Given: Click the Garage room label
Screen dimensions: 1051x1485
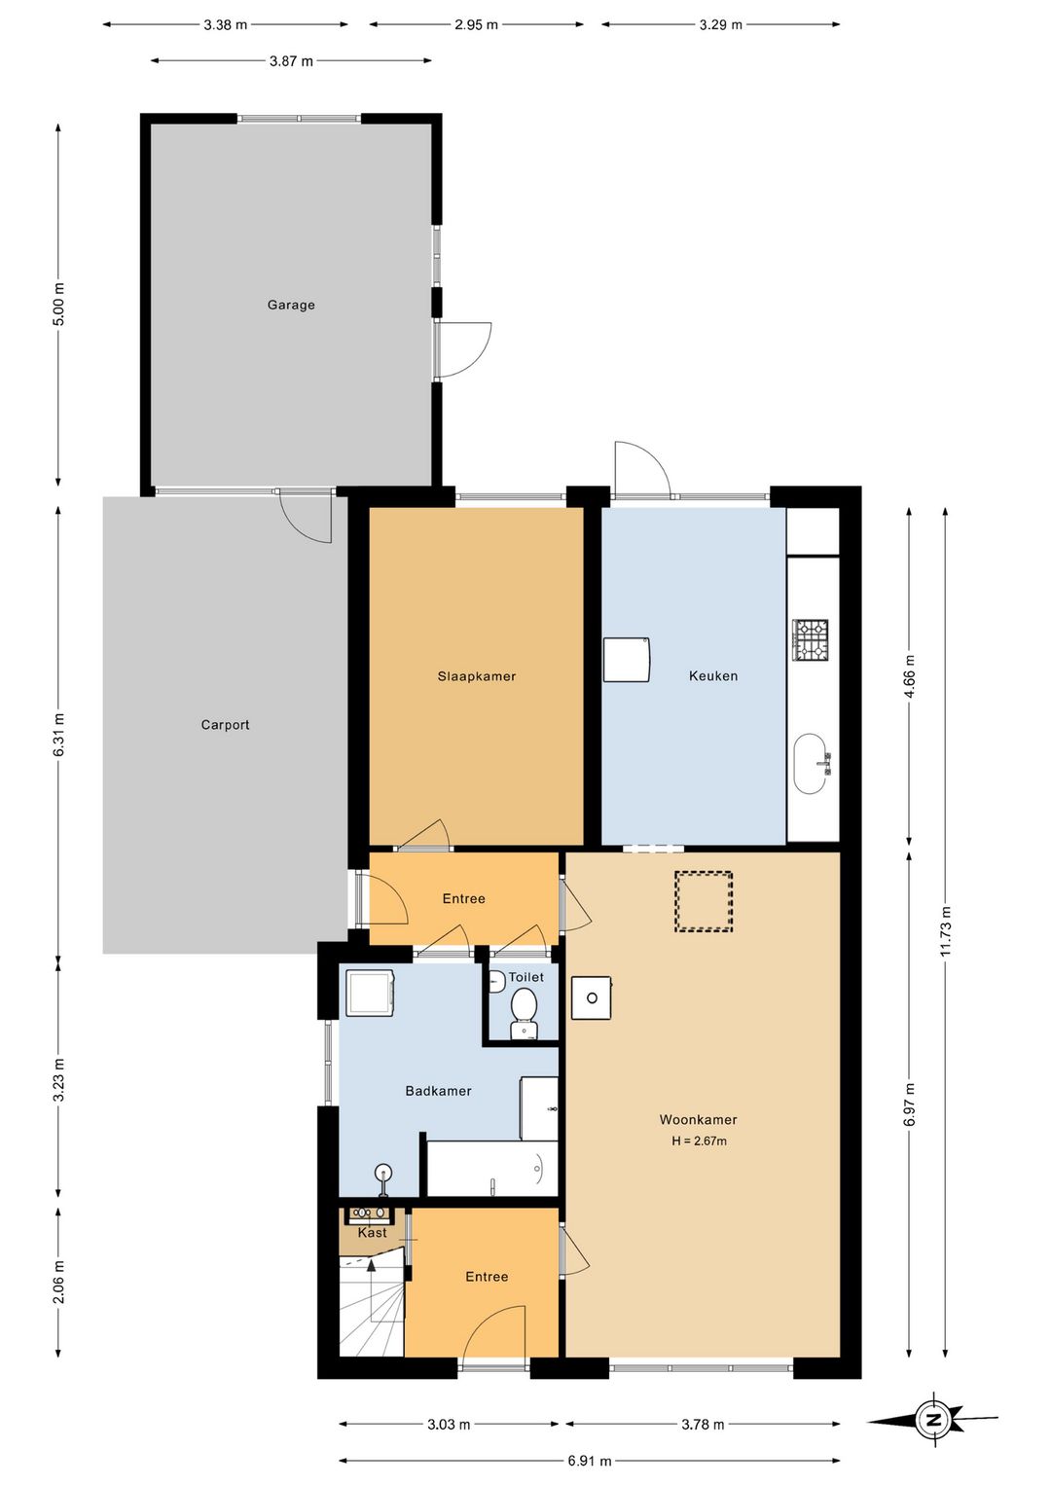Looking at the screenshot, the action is pos(290,305).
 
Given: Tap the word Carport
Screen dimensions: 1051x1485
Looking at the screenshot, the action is pos(225,725).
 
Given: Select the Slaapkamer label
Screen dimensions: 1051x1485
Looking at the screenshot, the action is pos(476,676).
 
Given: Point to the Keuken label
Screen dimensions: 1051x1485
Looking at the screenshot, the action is pos(712,676).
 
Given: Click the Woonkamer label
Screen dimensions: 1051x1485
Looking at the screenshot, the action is pos(698,1120).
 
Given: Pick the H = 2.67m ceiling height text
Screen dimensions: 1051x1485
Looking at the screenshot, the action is pos(699,1141).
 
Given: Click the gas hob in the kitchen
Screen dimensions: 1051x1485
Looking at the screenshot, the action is pos(811,639).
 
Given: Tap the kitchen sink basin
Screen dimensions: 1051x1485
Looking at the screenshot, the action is pos(811,763).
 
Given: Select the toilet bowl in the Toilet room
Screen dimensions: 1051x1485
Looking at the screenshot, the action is pos(524,1010).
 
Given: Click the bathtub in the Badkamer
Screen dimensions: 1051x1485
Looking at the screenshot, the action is pos(491,1169).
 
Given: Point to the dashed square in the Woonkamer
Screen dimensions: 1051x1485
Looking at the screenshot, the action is pos(704,901).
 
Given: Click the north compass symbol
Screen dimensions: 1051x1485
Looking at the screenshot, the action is pos(933,1421).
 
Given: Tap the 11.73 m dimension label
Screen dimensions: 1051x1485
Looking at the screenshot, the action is pos(946,930).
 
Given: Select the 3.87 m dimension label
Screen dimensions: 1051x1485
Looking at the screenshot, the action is pos(291,61).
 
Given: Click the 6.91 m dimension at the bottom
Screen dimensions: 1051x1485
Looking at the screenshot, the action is pos(590,1461).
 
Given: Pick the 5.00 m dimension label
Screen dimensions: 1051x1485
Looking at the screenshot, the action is pos(59,305).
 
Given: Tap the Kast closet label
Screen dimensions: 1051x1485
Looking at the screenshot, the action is pos(372,1232).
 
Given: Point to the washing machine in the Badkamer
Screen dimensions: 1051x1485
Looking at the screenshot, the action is pos(371,994).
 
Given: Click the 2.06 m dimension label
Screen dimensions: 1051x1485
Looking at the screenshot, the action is pos(59,1282).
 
